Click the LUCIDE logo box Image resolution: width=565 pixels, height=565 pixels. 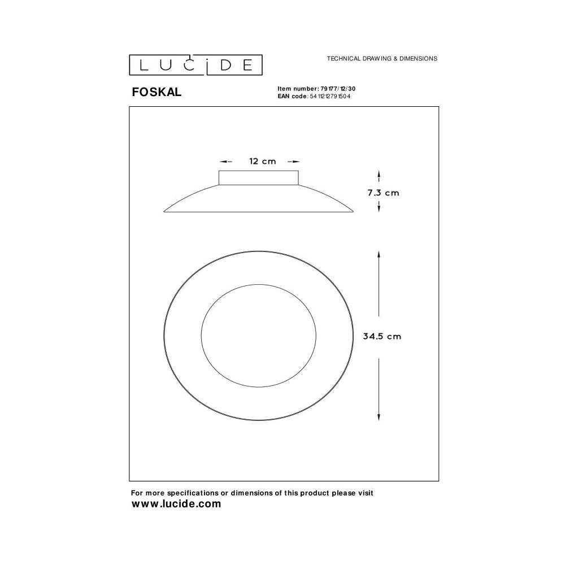pyautogui.click(x=195, y=65)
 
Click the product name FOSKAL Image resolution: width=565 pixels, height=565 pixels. pyautogui.click(x=157, y=92)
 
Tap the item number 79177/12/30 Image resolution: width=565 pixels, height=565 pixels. pyautogui.click(x=338, y=89)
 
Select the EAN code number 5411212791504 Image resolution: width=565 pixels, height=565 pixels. pyautogui.click(x=330, y=96)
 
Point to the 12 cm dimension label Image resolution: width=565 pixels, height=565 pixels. pyautogui.click(x=262, y=162)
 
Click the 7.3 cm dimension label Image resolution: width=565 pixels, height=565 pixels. pyautogui.click(x=383, y=193)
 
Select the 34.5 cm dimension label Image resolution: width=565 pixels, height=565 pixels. pyautogui.click(x=382, y=336)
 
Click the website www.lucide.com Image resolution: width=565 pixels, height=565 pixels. pyautogui.click(x=176, y=504)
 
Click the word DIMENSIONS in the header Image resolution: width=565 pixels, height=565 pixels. pyautogui.click(x=418, y=58)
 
